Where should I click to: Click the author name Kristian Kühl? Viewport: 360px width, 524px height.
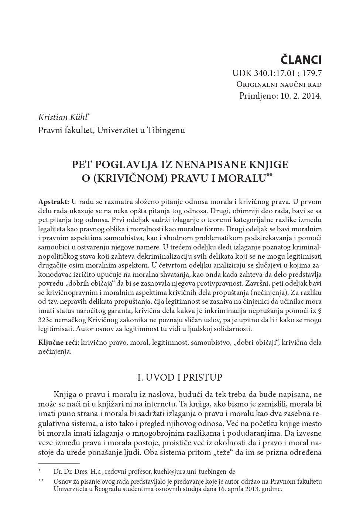(63, 118)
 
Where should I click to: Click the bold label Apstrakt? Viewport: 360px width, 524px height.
(54, 202)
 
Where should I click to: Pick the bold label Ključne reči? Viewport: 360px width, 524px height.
(57, 343)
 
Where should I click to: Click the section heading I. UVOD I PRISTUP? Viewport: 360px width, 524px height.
(180, 378)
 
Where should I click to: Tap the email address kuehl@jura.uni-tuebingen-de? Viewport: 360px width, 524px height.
(194, 472)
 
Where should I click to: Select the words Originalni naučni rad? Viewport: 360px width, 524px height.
(279, 85)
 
